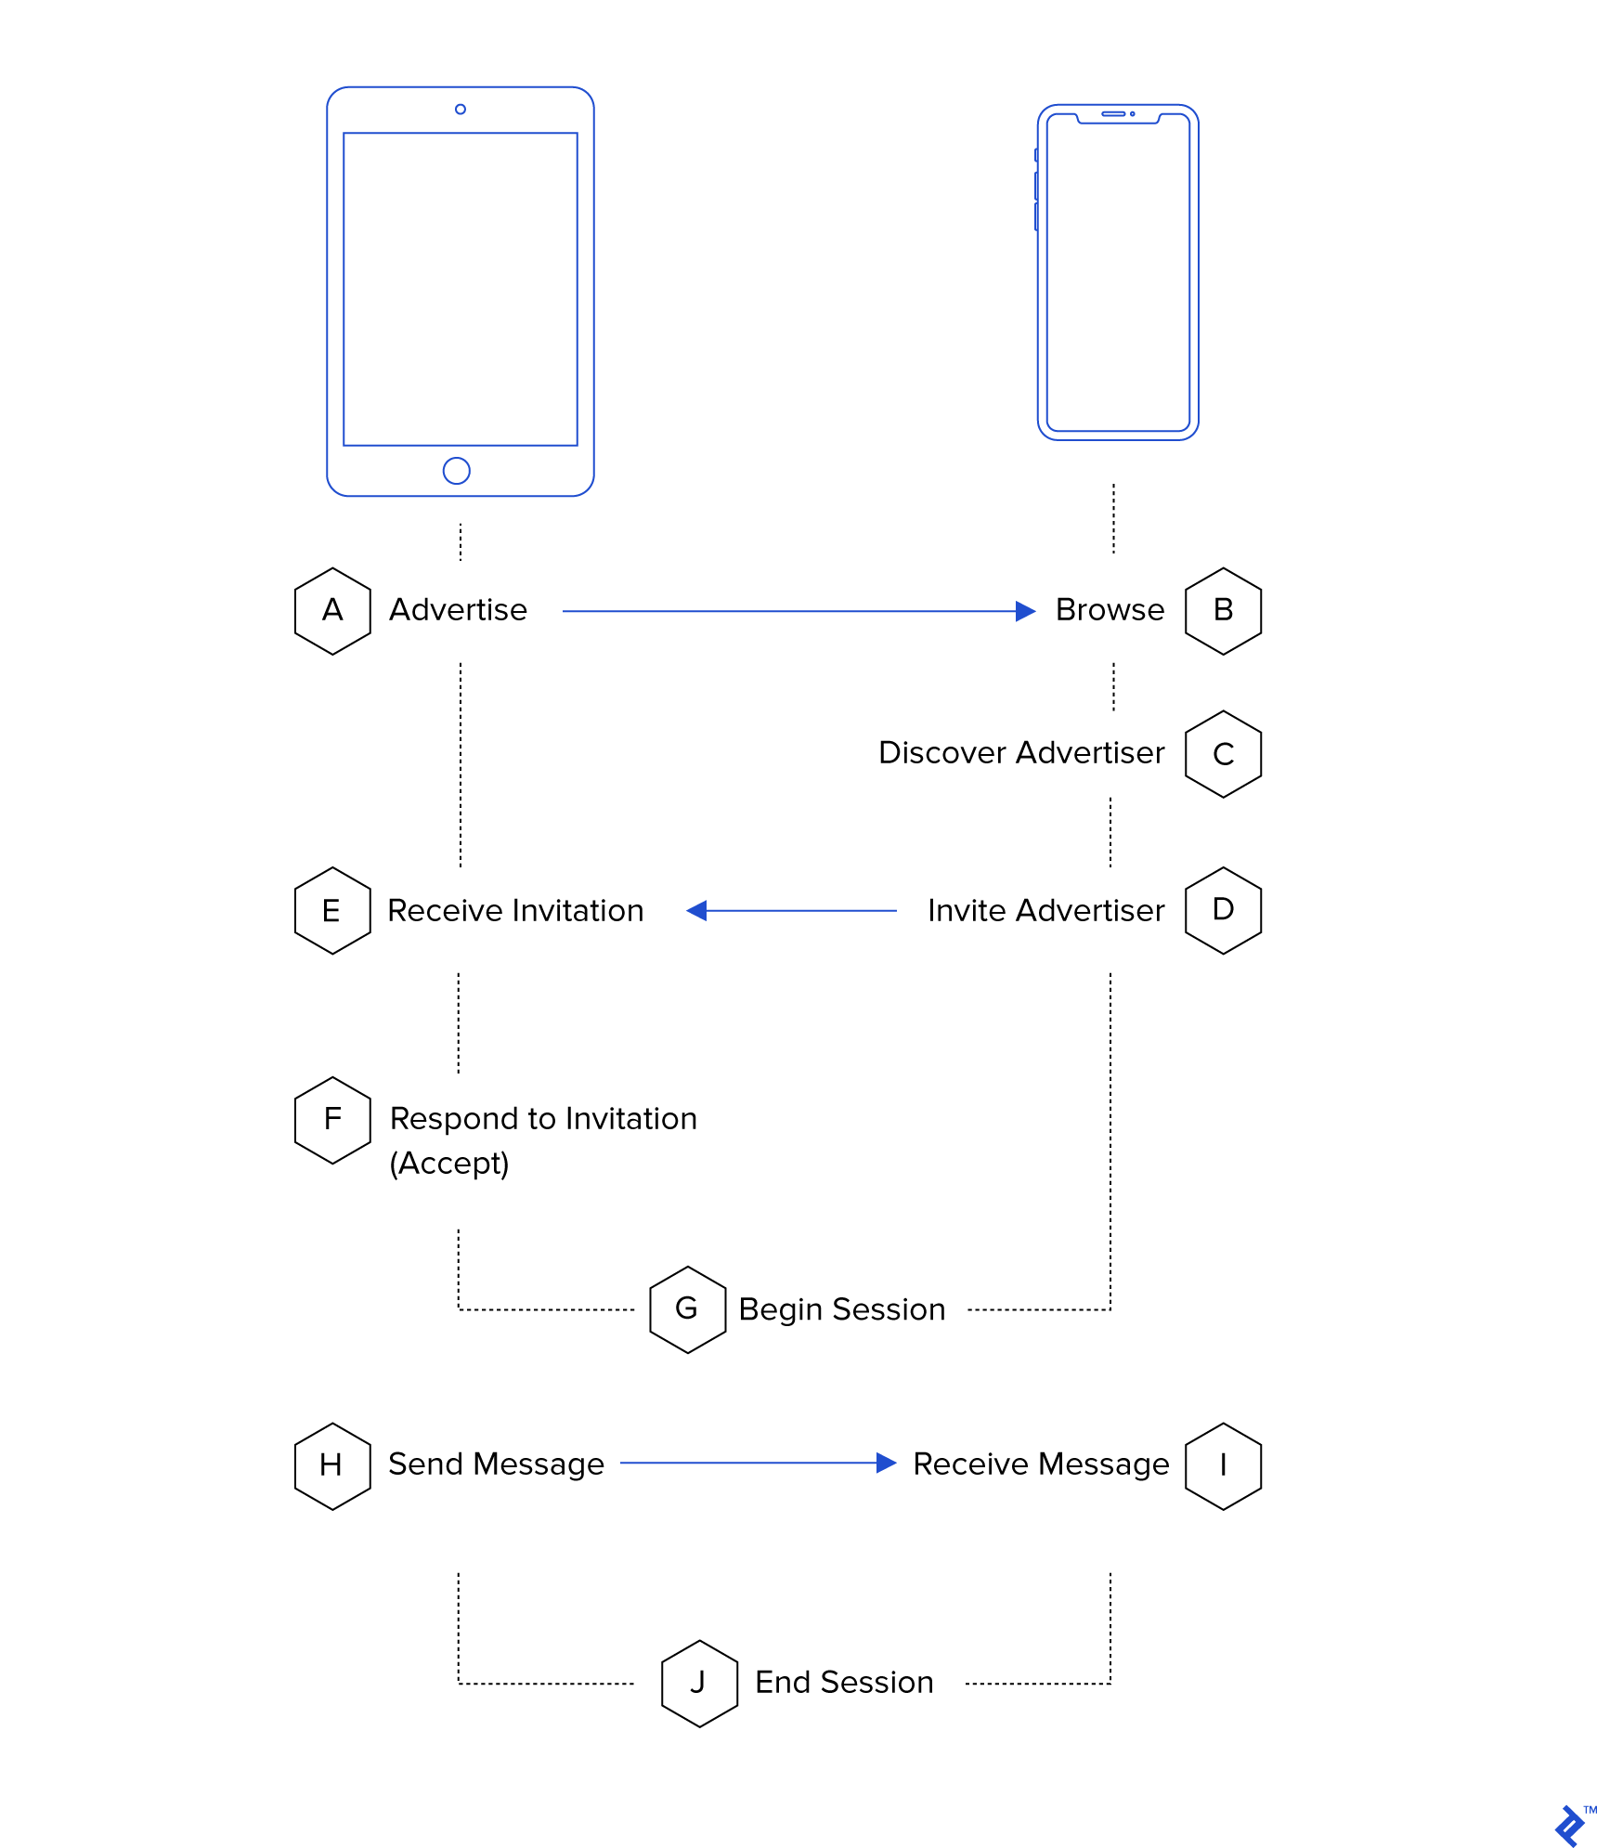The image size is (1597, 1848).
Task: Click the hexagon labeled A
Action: [332, 611]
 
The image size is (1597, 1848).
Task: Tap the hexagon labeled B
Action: [1223, 611]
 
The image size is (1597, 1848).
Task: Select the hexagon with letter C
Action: [1223, 754]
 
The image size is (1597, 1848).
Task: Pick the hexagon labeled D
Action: [1223, 910]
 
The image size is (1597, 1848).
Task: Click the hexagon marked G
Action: [687, 1309]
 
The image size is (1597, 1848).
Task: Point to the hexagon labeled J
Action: [699, 1683]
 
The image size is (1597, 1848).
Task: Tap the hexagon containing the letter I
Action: [1223, 1465]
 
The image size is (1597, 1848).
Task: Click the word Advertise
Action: [458, 610]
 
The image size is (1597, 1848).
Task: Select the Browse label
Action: [1110, 610]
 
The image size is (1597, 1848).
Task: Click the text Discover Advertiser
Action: [1020, 753]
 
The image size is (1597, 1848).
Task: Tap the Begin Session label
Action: [841, 1309]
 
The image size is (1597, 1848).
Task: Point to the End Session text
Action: [844, 1683]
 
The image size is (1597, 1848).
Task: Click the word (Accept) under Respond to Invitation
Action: [449, 1163]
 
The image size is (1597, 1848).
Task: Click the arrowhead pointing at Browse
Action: [1025, 611]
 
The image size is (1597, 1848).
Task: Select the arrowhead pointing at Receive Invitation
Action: [696, 911]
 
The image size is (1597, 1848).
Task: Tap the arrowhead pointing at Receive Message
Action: [886, 1464]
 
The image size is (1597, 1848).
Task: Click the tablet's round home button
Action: [456, 471]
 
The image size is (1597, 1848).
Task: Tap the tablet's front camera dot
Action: [460, 110]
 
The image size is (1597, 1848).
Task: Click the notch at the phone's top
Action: [1118, 115]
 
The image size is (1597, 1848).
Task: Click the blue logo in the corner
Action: [1570, 1825]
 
